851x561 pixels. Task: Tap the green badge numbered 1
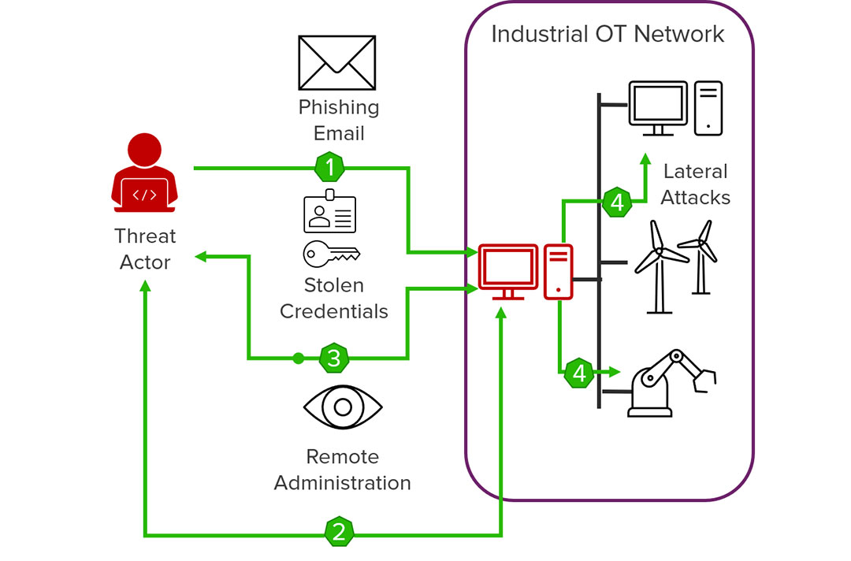pos(329,167)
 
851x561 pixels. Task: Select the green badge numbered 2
pos(339,532)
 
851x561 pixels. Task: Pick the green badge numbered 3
pos(334,359)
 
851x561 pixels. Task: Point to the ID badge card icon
pos(330,212)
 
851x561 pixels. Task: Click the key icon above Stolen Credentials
pos(331,254)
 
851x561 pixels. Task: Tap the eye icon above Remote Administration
pos(343,407)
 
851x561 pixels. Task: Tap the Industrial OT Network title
pos(608,35)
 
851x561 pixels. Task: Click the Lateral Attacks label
pos(695,184)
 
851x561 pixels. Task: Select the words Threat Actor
pos(145,249)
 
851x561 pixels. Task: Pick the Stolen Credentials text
pos(334,298)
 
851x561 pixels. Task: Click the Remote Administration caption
pos(343,470)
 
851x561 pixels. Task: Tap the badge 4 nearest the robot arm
pos(580,372)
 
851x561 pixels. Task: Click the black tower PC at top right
pos(708,107)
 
